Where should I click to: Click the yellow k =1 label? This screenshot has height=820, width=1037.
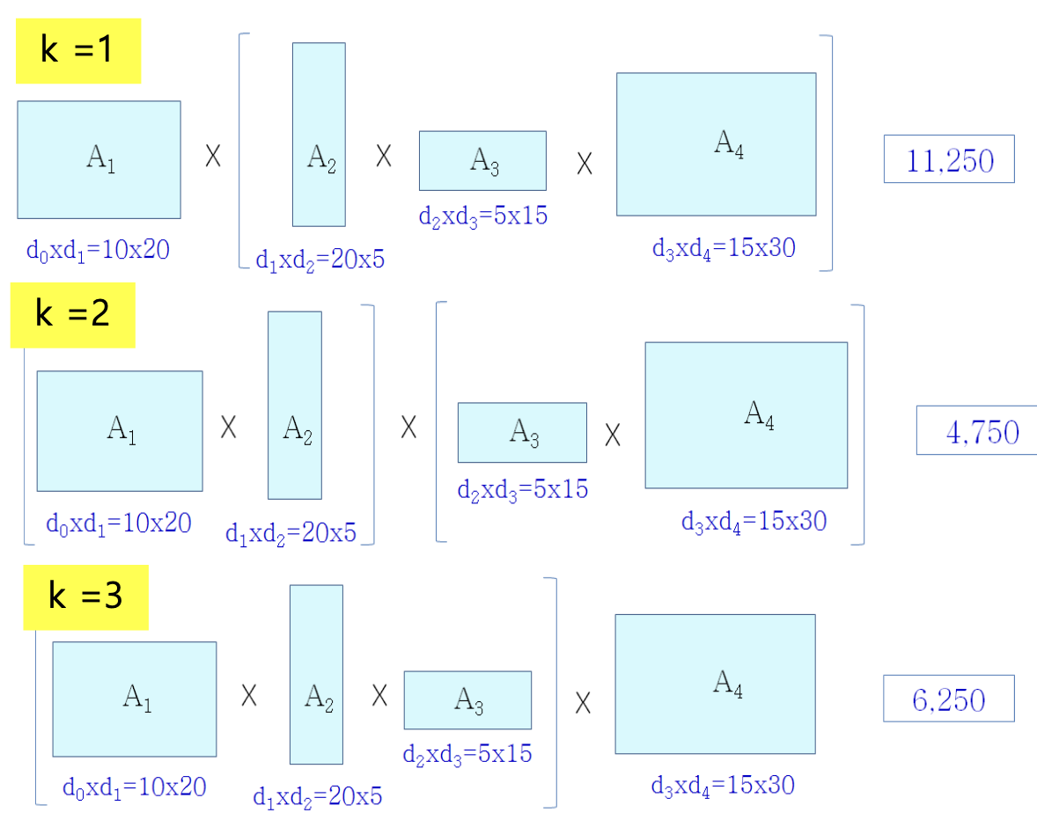[78, 50]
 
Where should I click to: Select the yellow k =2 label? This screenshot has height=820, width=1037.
[72, 314]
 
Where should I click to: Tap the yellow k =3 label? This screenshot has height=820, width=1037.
[85, 597]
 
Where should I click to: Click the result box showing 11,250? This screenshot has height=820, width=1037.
[949, 159]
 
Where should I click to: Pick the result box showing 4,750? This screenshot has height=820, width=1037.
[977, 430]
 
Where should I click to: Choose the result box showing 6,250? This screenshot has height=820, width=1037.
[949, 699]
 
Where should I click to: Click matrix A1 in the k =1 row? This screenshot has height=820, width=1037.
[99, 159]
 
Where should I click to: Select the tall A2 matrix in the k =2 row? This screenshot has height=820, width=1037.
[295, 405]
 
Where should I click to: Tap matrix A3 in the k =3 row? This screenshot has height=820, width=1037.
[467, 700]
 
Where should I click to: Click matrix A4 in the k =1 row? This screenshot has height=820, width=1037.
[716, 144]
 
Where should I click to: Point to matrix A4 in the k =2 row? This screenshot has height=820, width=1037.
[746, 414]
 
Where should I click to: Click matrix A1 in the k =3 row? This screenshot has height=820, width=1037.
[135, 699]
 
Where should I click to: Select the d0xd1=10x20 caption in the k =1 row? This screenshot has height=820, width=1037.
[98, 250]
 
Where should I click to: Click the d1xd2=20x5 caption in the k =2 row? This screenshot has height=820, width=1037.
[291, 533]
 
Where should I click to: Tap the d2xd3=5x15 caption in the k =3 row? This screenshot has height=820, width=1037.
[467, 754]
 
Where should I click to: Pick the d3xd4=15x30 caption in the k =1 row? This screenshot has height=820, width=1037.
[724, 248]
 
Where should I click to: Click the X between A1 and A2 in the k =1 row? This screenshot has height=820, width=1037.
[213, 157]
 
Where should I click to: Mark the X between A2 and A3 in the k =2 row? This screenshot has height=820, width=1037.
[408, 428]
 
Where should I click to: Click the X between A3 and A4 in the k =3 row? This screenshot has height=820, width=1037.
[583, 703]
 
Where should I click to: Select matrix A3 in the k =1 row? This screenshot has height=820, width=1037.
[482, 160]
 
